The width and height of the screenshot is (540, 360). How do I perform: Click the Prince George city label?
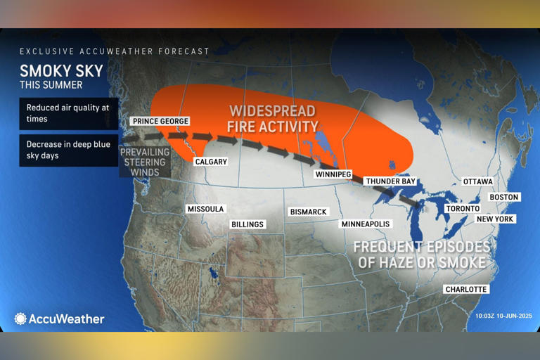tap(160, 122)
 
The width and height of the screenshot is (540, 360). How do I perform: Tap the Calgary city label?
tap(211, 162)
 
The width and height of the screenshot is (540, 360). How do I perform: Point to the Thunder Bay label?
tap(390, 181)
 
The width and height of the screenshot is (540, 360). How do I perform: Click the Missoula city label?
tap(205, 209)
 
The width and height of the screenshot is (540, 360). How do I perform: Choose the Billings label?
tap(247, 224)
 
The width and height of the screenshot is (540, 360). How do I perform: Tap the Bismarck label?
tap(309, 212)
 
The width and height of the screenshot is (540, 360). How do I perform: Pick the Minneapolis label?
tap(365, 224)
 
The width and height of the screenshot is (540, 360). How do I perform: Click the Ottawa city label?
tap(478, 181)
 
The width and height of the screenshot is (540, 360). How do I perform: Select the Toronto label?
tap(463, 209)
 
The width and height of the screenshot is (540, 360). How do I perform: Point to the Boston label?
tap(504, 197)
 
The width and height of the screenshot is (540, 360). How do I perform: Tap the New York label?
tap(496, 219)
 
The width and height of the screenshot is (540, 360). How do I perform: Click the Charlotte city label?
tap(466, 289)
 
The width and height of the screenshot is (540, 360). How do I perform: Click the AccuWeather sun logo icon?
tap(20, 319)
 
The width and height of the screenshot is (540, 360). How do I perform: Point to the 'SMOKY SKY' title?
tap(61, 70)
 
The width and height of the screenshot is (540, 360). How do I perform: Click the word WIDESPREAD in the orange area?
tap(273, 111)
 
